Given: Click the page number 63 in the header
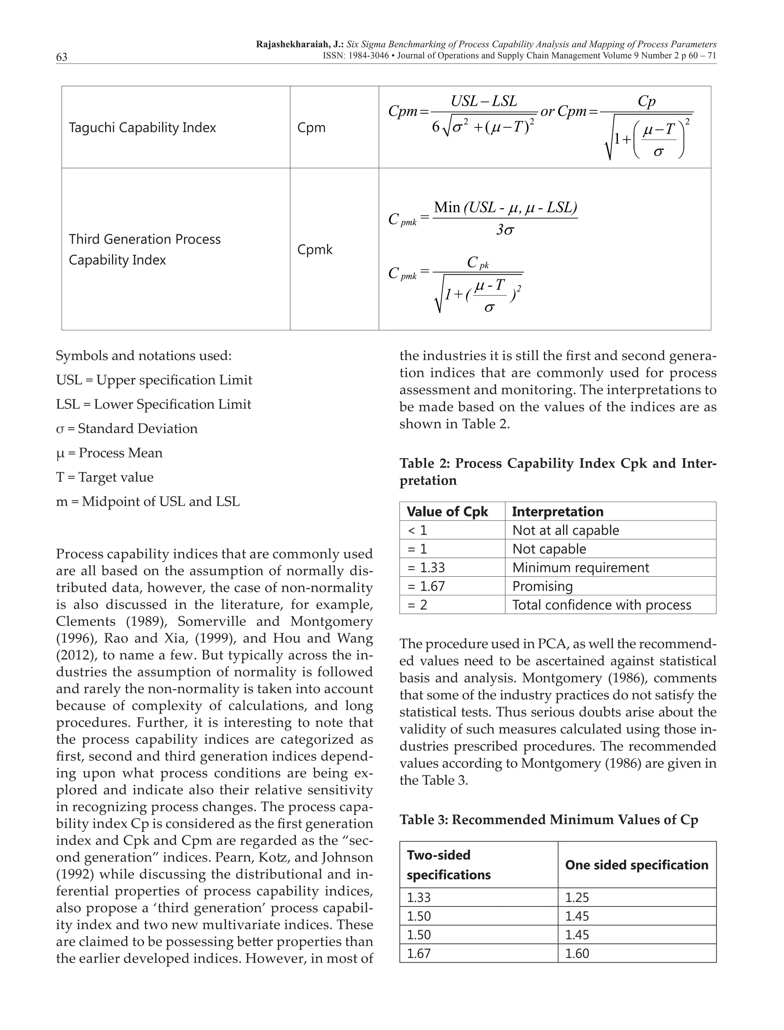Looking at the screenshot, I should [x=62, y=57].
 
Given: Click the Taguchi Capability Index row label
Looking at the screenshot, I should [x=142, y=127].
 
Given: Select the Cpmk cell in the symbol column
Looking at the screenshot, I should [x=315, y=249].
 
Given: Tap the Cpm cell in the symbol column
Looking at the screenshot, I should [x=311, y=127].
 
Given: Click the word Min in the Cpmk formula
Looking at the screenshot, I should [x=447, y=207].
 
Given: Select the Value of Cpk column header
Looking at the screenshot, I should [x=447, y=512].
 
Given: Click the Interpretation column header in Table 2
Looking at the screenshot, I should [x=558, y=512].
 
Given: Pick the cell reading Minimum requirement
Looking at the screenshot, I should [x=580, y=568].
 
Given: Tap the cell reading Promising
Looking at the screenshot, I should [x=542, y=587].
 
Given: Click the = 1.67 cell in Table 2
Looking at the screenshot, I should [x=426, y=587].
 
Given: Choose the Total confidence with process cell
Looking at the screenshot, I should [x=601, y=605].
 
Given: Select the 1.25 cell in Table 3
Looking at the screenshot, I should [x=577, y=898].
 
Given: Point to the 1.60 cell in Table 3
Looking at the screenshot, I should [x=577, y=953].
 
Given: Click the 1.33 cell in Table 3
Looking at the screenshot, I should [x=419, y=898].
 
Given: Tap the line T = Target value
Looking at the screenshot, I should [x=105, y=477].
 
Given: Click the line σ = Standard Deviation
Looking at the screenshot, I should [x=127, y=429].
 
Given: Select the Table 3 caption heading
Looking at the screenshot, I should [x=549, y=820].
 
